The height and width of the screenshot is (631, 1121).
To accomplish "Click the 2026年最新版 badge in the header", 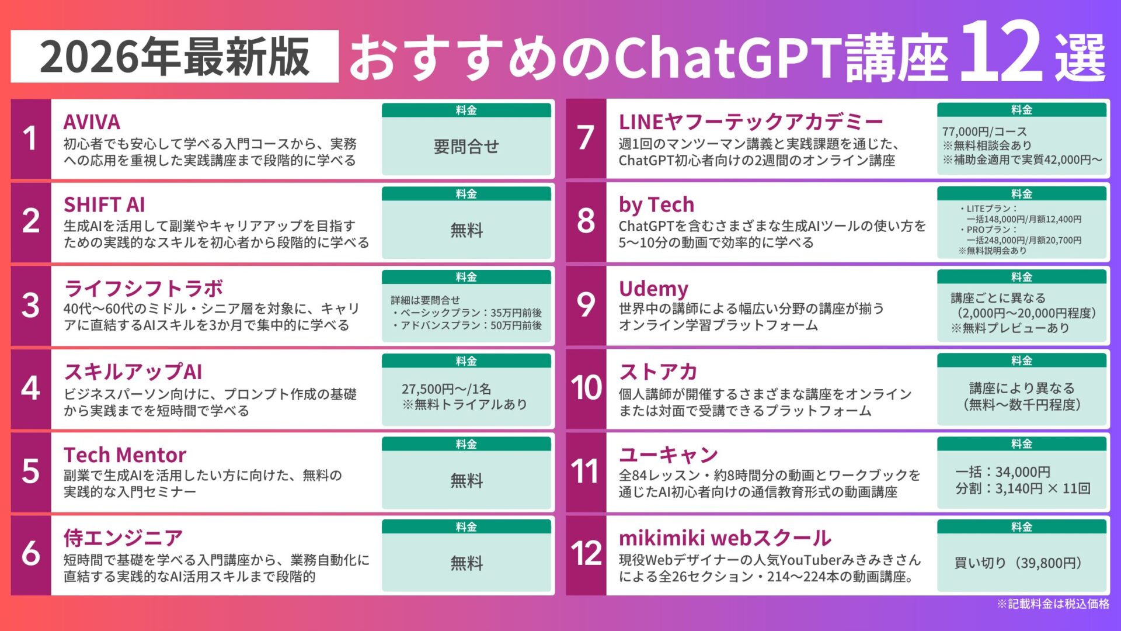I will coord(174,57).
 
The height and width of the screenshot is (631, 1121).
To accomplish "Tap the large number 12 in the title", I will coord(1000,53).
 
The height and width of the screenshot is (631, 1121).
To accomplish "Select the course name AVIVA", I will coord(92,122).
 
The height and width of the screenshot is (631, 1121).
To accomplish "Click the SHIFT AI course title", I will coord(104,205).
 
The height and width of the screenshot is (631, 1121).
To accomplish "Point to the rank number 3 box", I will coord(31,306).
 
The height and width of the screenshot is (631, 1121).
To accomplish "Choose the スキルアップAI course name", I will coord(133,372).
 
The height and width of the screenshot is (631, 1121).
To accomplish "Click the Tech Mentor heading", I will coord(125,455).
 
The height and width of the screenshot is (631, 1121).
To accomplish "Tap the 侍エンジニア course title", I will coord(123,538).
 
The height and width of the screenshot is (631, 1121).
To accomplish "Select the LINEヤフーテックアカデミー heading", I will coord(751,122).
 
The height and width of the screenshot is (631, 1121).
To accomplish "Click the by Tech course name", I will coord(656,205).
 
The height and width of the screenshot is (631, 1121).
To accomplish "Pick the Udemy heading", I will coord(653,289).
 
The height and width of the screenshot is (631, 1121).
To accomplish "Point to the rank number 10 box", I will coord(586,389).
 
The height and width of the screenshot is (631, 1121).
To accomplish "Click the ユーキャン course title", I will coord(669,455).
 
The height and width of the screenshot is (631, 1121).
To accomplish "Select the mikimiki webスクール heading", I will coord(725,538).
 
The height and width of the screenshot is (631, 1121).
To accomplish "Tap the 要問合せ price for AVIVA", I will coord(466,147).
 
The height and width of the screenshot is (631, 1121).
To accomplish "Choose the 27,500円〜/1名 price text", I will coord(446,389).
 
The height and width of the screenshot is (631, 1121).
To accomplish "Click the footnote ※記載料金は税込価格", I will coord(1053,604).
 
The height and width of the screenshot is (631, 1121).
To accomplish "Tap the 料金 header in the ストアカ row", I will coord(1021,361).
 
